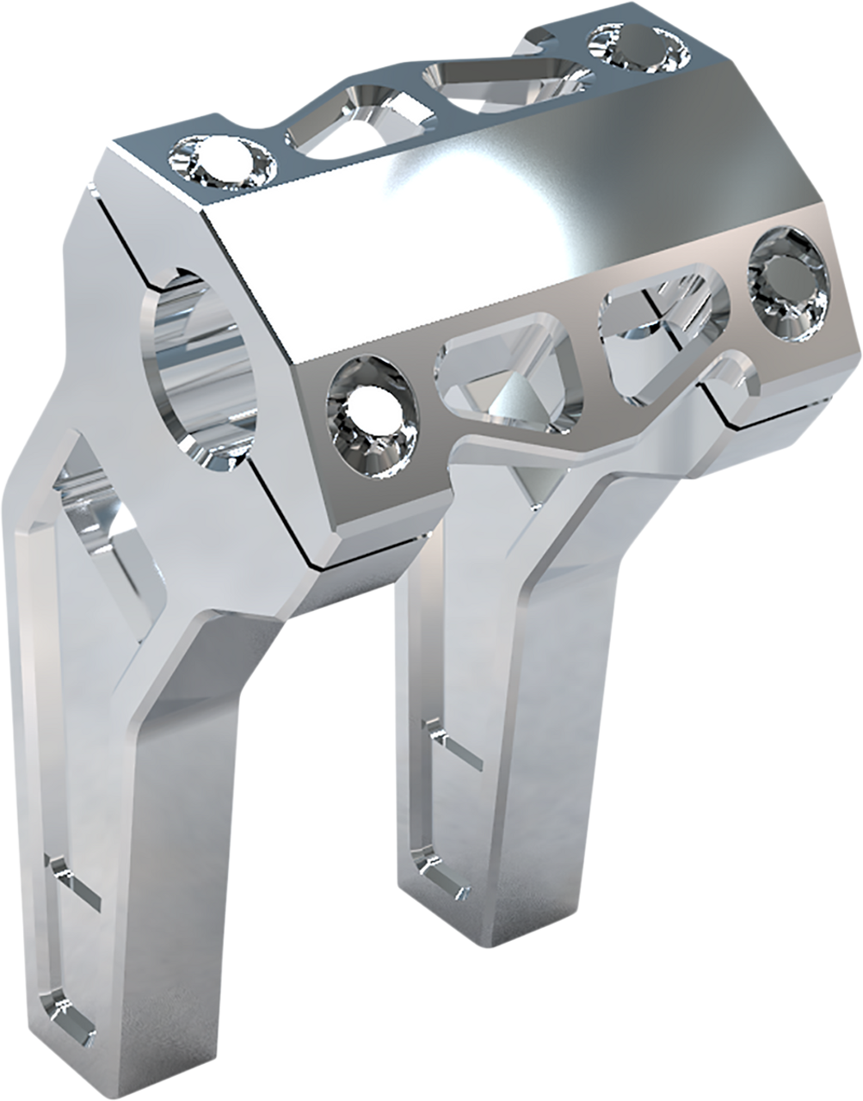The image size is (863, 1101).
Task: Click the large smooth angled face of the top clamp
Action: [482, 215]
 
